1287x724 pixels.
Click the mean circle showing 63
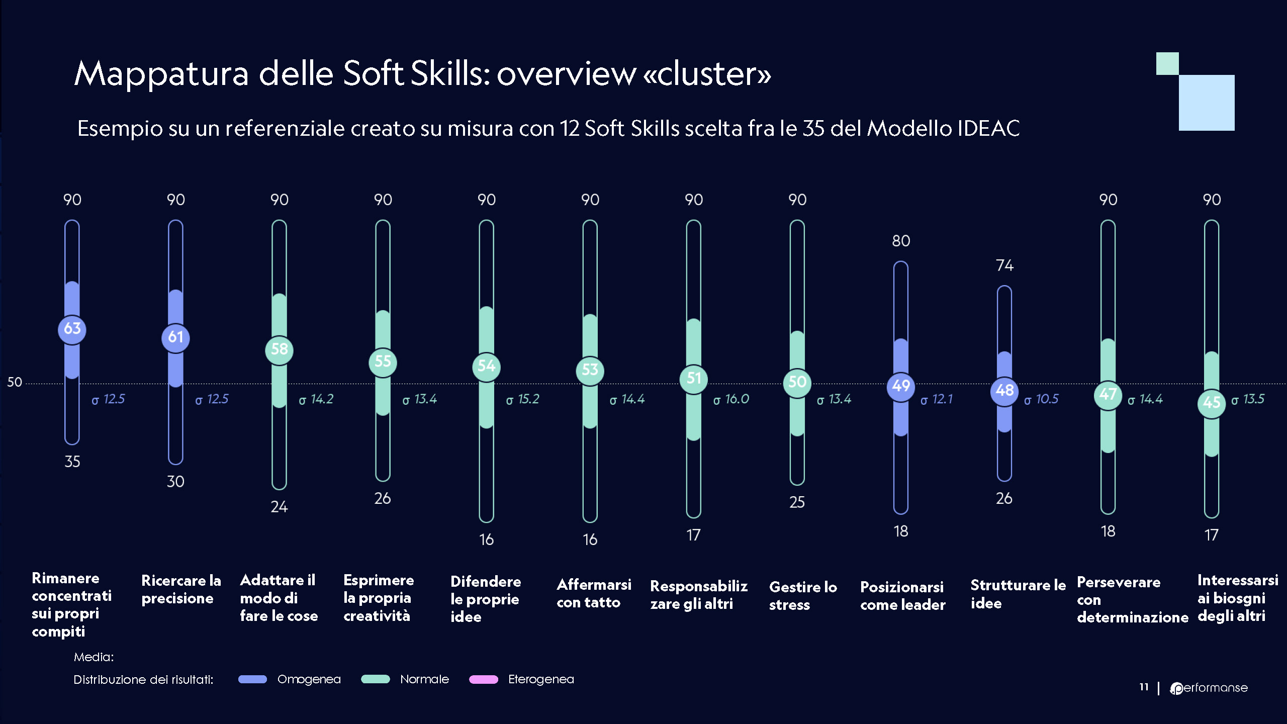coord(72,329)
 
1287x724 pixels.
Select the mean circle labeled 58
coord(279,350)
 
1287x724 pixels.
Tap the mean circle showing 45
coord(1211,403)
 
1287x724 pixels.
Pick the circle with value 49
coord(900,386)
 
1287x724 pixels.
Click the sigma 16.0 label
coord(731,399)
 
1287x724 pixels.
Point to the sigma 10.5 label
coord(1041,399)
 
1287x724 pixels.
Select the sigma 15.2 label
coord(523,399)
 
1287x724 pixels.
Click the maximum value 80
coord(901,241)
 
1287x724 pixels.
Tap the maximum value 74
coord(1004,265)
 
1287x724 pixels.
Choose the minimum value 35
coord(72,462)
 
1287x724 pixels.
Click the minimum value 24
coord(279,506)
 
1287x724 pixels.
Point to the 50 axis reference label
coord(15,382)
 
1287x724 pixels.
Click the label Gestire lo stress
coord(803,596)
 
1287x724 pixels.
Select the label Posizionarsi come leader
coord(902,596)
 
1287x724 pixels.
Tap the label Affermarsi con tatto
coord(594,593)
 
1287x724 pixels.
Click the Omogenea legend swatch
coord(252,679)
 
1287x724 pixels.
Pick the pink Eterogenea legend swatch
coord(483,679)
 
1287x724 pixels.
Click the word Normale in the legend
coord(424,679)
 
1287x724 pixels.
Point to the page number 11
coord(1144,687)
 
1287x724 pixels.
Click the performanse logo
coord(1209,688)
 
